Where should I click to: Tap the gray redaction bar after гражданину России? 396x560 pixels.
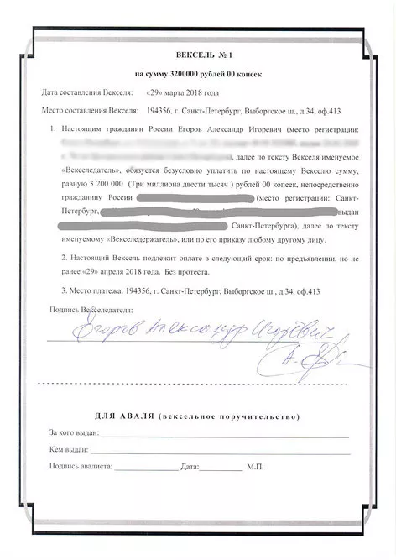coord(193,196)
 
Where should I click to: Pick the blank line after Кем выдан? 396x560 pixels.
coord(218,451)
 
